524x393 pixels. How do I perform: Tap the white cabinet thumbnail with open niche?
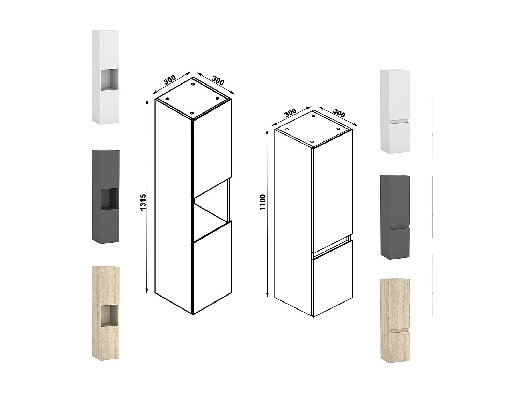(105, 77)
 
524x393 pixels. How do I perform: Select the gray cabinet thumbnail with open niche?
(105, 197)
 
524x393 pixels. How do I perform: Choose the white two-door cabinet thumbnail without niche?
(395, 111)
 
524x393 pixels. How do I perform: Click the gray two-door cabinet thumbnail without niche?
(395, 217)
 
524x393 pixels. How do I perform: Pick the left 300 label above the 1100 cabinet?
(290, 113)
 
